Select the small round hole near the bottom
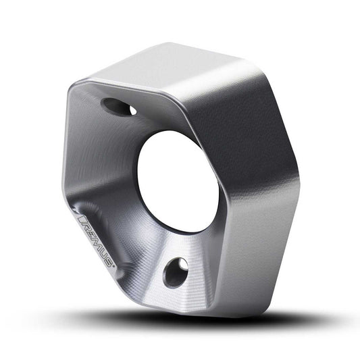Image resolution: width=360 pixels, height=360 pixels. pos(176,272)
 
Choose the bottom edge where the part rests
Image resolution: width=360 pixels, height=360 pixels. pos(189,312)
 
